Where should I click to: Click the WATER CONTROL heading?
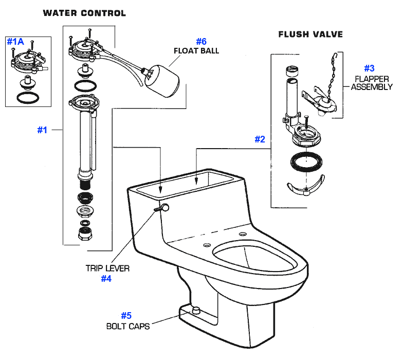point(84,13)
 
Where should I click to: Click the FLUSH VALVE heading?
point(310,34)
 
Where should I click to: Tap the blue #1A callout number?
point(15,42)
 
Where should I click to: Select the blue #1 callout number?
point(42,130)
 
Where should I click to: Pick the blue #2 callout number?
point(260,139)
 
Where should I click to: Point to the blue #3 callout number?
point(369,68)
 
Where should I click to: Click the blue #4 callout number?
point(106,279)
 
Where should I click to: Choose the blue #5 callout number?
point(126,315)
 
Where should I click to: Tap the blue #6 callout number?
point(201,41)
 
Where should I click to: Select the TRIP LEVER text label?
point(107,268)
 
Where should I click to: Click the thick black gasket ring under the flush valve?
point(305,163)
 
